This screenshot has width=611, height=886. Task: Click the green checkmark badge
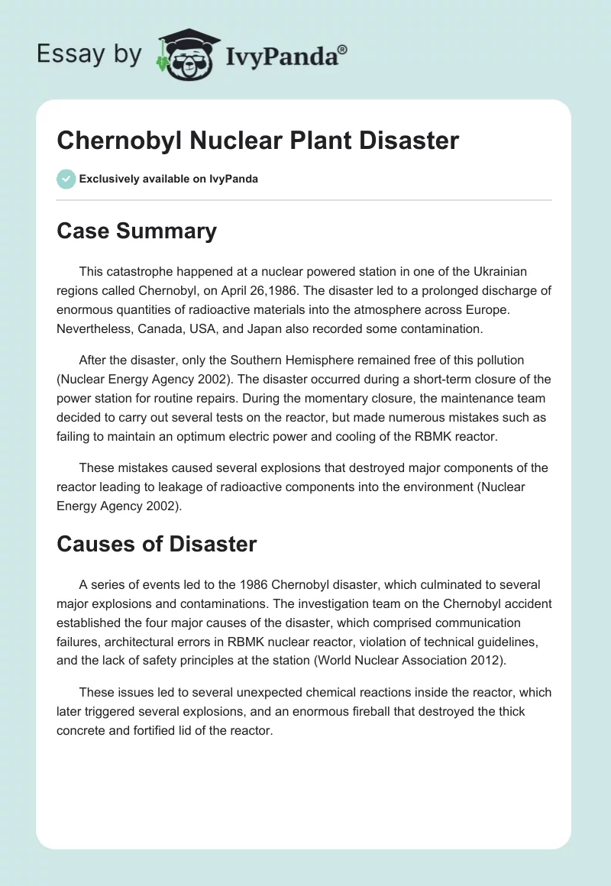pyautogui.click(x=66, y=179)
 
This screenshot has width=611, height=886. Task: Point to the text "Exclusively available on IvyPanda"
pyautogui.click(x=168, y=179)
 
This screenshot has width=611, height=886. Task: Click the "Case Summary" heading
pyautogui.click(x=137, y=231)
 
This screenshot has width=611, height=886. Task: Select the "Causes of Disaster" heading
pyautogui.click(x=157, y=544)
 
